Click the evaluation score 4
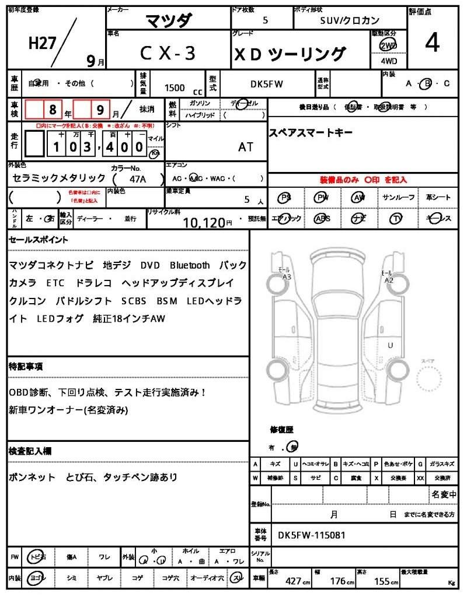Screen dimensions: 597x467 (x=433, y=44)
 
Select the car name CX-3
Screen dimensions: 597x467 (x=168, y=54)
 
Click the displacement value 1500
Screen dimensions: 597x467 (x=175, y=88)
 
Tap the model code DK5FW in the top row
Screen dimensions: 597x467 (x=267, y=84)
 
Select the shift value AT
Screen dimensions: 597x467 (x=246, y=147)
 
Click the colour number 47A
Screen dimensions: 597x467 (x=138, y=180)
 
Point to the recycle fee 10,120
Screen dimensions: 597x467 (x=204, y=222)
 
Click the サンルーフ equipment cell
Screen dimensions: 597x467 (x=398, y=198)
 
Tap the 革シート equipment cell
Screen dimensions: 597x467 (x=438, y=198)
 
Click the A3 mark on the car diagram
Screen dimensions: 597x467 (x=286, y=277)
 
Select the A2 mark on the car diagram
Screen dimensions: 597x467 (x=389, y=280)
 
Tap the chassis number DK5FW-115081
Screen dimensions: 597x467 (x=312, y=535)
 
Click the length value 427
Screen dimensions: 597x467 (x=294, y=581)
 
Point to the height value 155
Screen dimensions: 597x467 (x=383, y=581)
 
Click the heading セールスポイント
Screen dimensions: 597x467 (x=39, y=240)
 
